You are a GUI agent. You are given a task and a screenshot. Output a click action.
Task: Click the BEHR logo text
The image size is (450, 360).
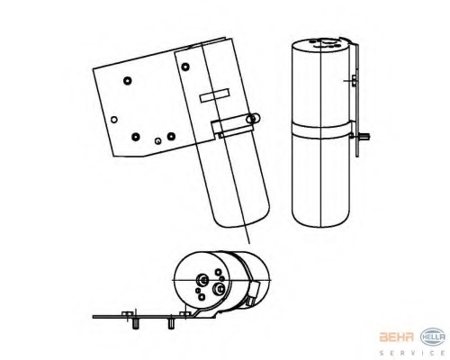397,337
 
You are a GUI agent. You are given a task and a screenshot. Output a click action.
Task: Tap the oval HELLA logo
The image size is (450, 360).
433,337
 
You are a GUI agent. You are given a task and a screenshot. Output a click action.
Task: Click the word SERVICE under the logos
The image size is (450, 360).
412,353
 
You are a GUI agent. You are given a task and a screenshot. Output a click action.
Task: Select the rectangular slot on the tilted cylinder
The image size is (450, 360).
215,95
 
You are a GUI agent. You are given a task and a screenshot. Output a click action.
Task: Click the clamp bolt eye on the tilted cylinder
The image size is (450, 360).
253,119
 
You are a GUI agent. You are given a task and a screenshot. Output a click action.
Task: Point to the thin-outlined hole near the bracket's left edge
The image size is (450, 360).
114,120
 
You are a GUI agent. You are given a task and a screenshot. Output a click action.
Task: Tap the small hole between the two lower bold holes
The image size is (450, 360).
157,140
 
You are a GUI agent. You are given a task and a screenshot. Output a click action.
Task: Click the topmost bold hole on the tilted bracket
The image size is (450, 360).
185,67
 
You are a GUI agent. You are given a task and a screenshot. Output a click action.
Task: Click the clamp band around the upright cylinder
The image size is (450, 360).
321,130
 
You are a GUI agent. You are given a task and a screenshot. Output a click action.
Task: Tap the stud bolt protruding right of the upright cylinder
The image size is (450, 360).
364,137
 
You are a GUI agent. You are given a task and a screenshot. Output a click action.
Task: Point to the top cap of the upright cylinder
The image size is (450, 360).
321,44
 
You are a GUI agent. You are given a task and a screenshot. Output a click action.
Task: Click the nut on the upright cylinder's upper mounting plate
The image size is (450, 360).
354,81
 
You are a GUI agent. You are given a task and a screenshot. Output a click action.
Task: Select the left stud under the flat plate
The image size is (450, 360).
135,324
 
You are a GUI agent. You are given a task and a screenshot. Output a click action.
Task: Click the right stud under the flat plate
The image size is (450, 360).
171,324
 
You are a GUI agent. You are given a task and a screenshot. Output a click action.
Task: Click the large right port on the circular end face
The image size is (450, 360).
218,289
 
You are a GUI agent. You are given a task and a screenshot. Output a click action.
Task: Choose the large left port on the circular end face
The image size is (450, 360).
202,280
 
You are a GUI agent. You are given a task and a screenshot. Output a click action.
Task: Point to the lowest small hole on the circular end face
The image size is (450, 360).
202,297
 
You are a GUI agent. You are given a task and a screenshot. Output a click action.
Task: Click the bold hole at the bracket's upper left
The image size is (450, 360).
128,81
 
